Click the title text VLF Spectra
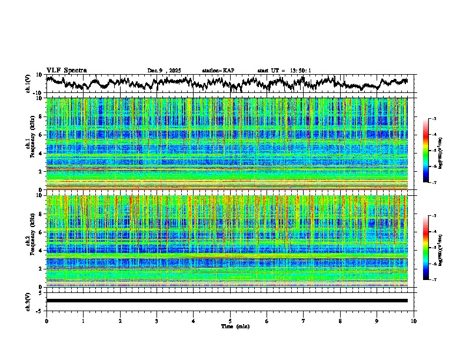[x=66, y=70]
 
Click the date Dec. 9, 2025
[x=164, y=71]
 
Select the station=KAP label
[x=218, y=71]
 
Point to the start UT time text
[x=284, y=71]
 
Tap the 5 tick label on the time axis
[x=230, y=321]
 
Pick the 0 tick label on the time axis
[x=46, y=321]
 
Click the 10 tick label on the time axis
[x=414, y=321]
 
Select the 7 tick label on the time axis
[x=304, y=321]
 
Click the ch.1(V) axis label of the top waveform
[x=28, y=84]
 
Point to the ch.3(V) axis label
[x=28, y=301]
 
